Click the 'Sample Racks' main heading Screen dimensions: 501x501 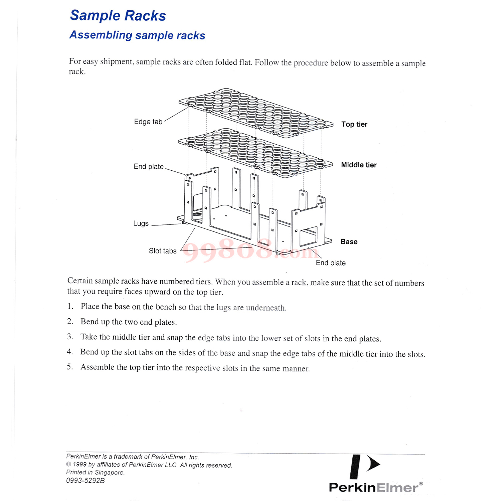[x=118, y=16]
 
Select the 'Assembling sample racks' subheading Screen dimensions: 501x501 [x=137, y=35]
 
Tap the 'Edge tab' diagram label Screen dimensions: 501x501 [x=148, y=122]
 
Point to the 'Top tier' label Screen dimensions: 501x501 [x=354, y=124]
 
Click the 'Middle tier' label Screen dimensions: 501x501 [x=358, y=165]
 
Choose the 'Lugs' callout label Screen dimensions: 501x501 [x=141, y=223]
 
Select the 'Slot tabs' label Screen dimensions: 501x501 [x=162, y=251]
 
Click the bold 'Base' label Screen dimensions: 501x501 [x=349, y=242]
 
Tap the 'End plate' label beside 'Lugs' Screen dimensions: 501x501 [x=149, y=167]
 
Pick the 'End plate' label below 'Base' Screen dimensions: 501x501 [x=330, y=263]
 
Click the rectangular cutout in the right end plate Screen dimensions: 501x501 [x=308, y=236]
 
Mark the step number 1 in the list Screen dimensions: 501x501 [x=70, y=306]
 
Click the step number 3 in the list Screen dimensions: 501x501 [x=70, y=337]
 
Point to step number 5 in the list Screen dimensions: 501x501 [x=69, y=367]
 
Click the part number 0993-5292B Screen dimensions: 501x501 [x=85, y=481]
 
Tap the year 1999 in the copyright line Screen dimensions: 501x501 [x=79, y=465]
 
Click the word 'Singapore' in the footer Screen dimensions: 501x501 [x=109, y=473]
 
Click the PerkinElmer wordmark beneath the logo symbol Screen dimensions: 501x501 [x=373, y=488]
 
